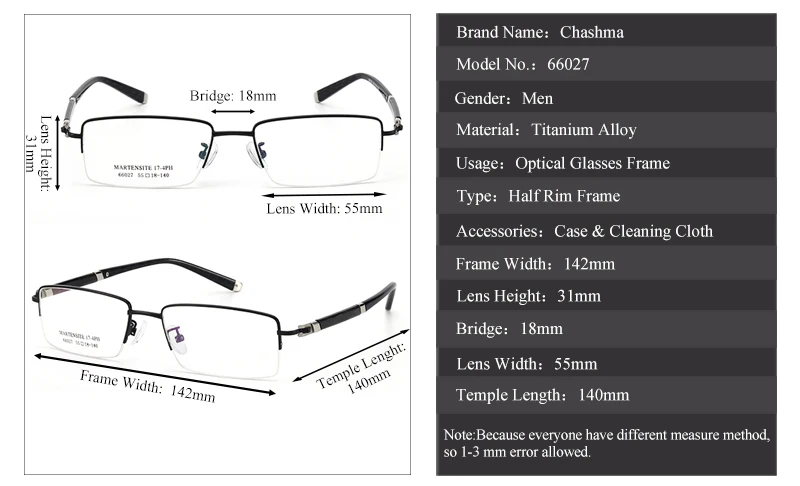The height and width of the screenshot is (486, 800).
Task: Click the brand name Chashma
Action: (592, 32)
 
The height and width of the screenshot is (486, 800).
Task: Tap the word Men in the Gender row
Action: (537, 98)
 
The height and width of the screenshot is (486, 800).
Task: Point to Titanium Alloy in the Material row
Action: (584, 130)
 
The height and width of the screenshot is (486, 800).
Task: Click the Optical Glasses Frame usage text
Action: (592, 163)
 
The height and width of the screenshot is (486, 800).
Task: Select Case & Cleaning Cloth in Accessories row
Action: (633, 231)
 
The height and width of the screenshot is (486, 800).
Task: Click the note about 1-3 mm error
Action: (606, 444)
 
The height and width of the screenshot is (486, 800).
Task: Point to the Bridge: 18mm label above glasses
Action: (233, 96)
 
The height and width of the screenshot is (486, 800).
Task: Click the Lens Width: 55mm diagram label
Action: (324, 209)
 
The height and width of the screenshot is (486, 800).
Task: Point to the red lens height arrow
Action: (60, 150)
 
